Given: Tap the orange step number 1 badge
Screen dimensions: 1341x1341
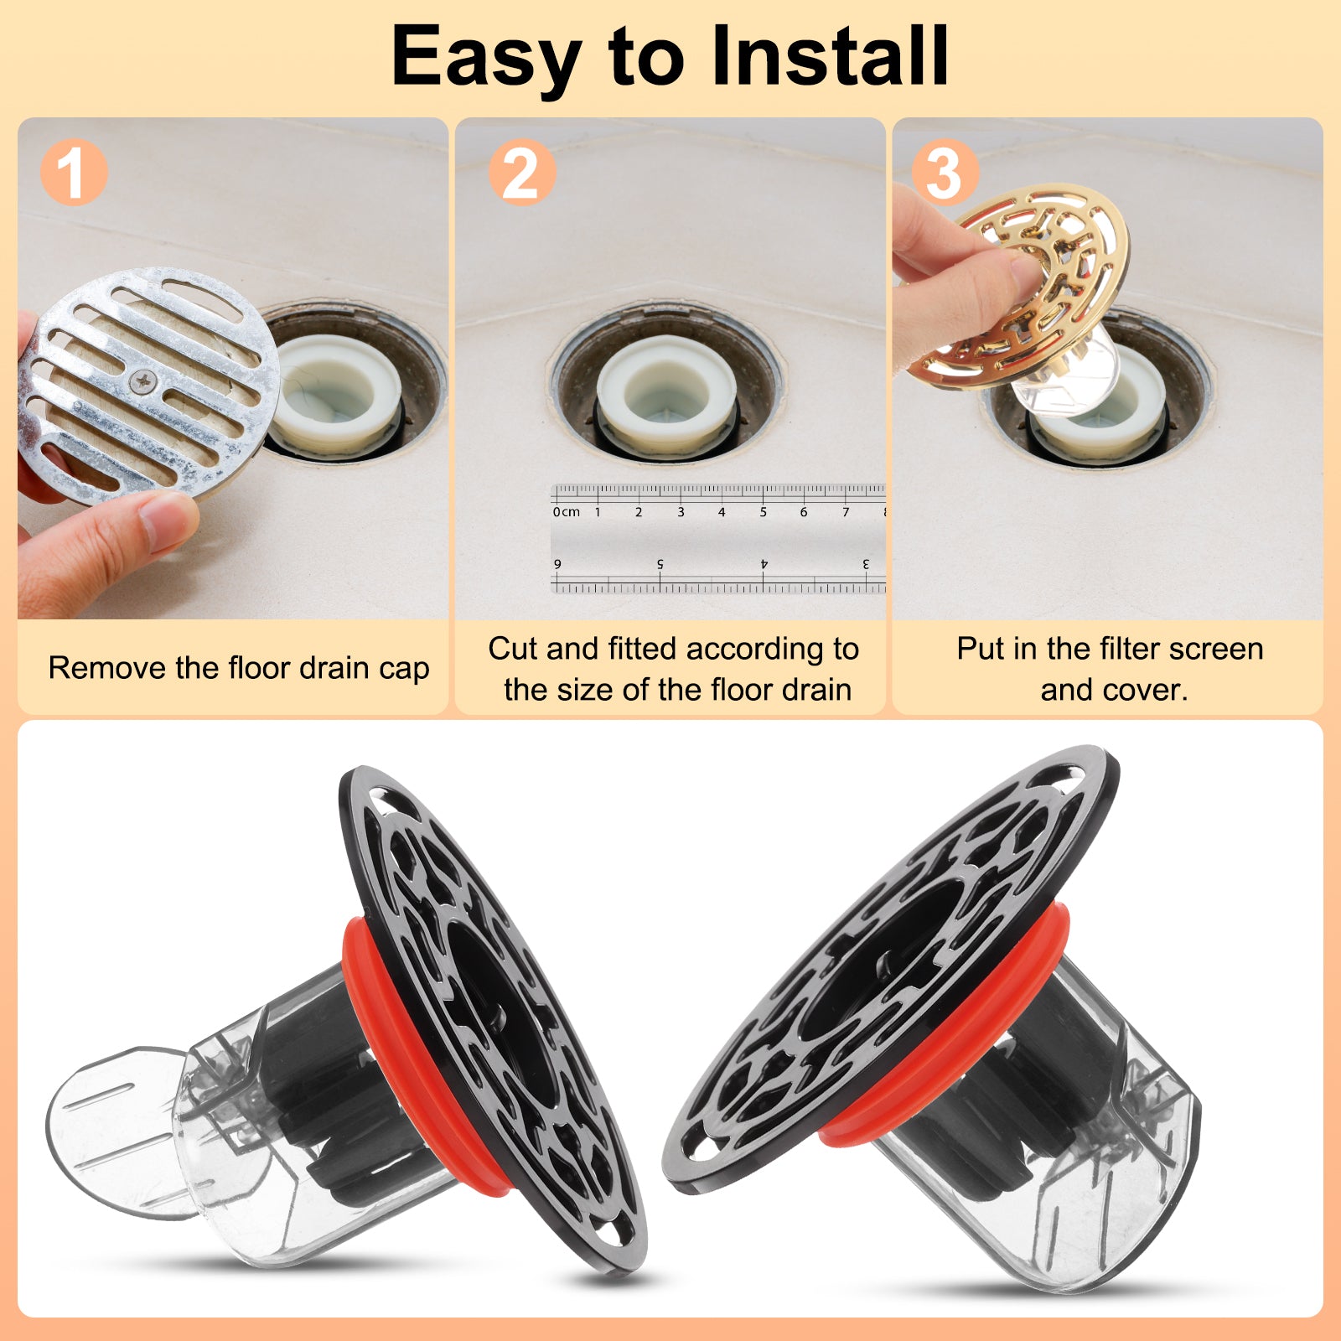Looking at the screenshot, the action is (x=74, y=173).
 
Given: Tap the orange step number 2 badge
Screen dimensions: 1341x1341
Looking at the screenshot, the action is (x=521, y=173).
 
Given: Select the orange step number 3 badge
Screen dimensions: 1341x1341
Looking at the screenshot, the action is (x=945, y=173).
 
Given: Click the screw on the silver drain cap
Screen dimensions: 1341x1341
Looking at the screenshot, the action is (x=143, y=382).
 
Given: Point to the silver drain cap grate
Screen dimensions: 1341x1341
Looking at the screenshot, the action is (x=148, y=386).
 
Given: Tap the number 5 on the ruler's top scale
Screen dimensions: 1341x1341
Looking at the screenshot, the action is (x=763, y=512).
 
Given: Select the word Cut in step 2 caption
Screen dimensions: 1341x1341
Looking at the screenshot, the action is (x=511, y=649).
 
